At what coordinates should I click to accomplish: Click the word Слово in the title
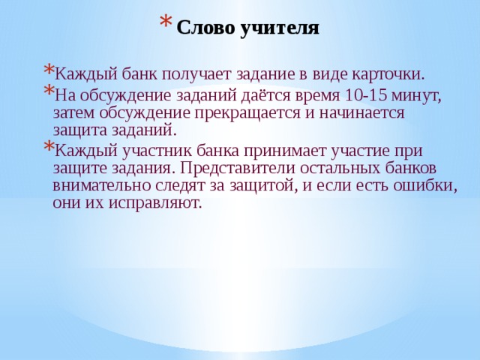(x=205, y=28)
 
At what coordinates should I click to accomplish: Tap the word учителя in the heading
(x=280, y=28)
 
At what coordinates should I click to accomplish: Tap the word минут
(x=415, y=96)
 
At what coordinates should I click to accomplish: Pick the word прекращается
(x=247, y=114)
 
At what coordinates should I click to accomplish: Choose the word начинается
(x=362, y=113)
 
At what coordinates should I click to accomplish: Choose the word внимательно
(x=102, y=186)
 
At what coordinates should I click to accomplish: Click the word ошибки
(x=425, y=186)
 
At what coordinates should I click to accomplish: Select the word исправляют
(x=155, y=203)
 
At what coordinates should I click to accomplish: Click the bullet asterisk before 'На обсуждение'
(x=48, y=90)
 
